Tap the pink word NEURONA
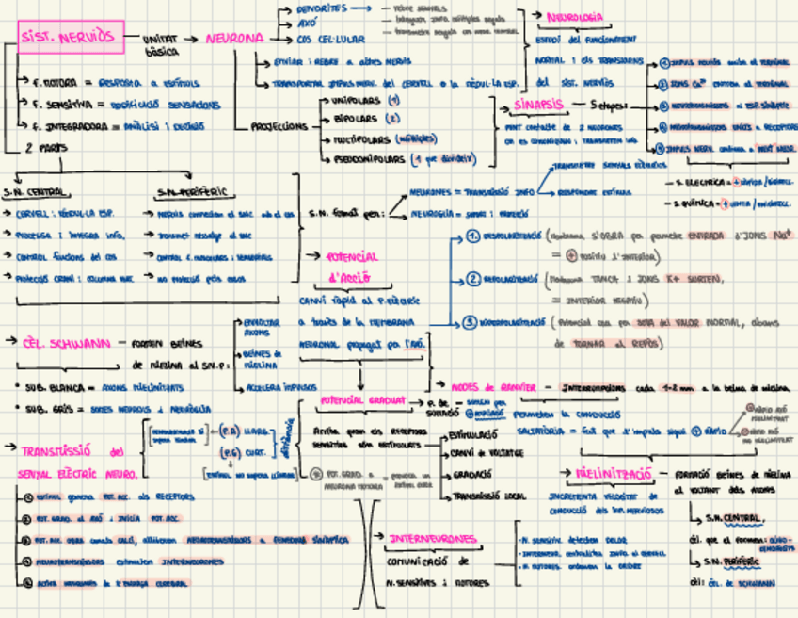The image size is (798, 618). tap(234, 39)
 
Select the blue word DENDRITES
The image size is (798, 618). tap(321, 8)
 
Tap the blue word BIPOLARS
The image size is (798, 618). tap(353, 119)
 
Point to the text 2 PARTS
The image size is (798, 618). tap(45, 147)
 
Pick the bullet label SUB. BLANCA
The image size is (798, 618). tap(46, 386)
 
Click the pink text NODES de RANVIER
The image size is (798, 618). tap(494, 387)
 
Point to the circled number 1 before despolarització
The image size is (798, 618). tap(473, 236)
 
